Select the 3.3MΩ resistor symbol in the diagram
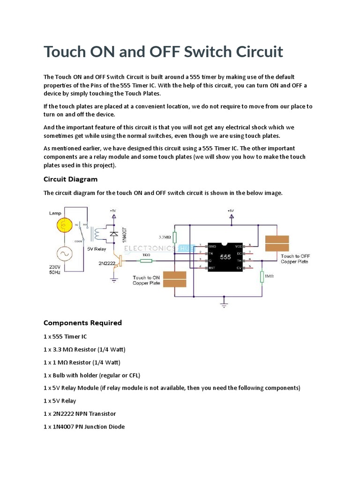click(x=174, y=238)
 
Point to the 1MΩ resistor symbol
click(x=262, y=277)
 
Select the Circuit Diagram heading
click(x=70, y=179)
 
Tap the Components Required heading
click(x=82, y=322)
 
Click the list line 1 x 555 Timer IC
click(x=65, y=337)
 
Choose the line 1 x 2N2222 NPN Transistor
click(x=80, y=414)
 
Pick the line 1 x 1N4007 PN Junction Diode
click(x=84, y=427)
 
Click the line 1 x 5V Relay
click(x=60, y=401)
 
